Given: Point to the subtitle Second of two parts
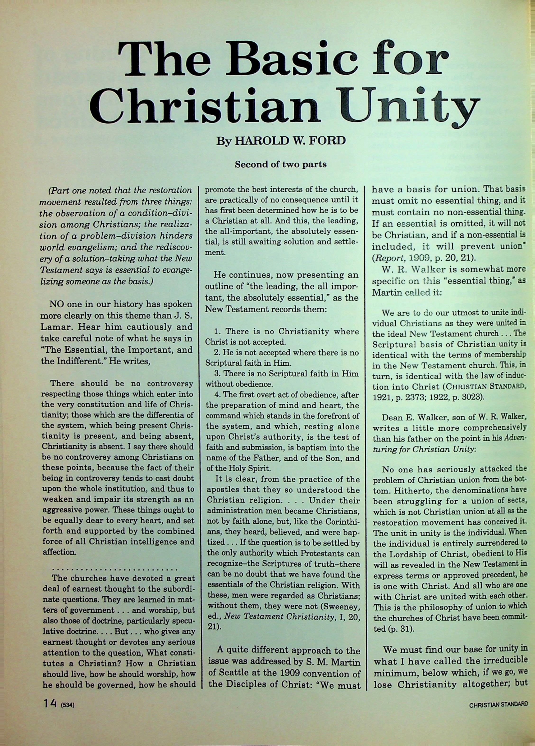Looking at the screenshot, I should tap(280, 164).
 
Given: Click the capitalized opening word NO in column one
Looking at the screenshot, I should tap(57, 304).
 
